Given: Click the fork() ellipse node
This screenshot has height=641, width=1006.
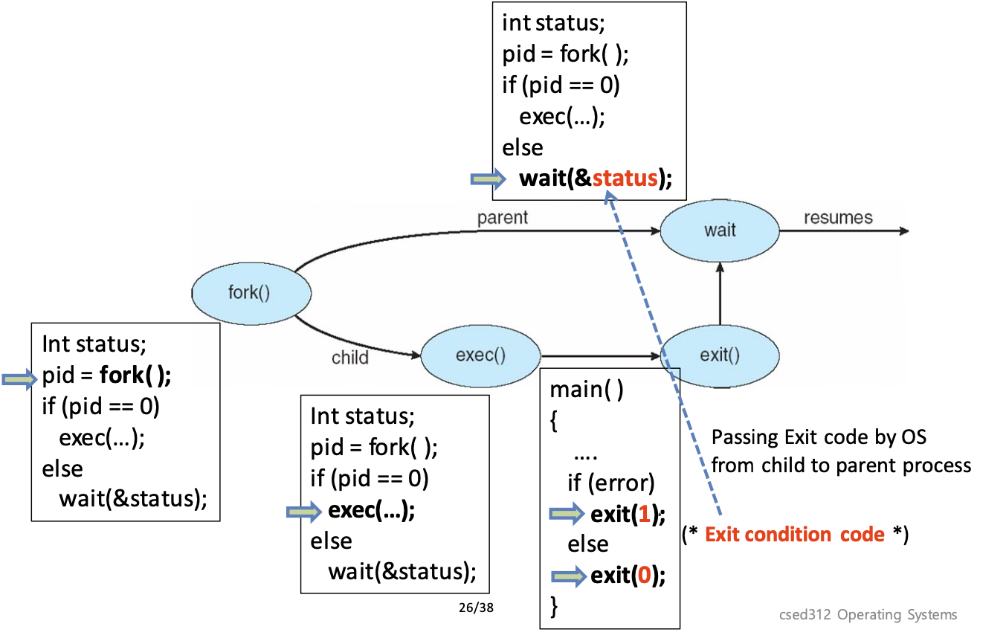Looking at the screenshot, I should tap(251, 291).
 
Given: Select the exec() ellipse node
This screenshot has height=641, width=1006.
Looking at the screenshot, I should tap(480, 355).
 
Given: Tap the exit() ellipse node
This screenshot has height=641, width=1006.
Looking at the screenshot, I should tap(720, 355).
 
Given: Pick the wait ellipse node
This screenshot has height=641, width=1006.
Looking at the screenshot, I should tap(719, 230).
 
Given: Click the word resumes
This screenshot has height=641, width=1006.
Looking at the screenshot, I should tap(838, 218).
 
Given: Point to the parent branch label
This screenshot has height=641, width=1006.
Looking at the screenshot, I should tap(502, 218).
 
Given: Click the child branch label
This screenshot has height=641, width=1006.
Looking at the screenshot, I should tap(349, 358).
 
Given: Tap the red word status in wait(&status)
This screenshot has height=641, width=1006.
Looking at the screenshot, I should tap(625, 178).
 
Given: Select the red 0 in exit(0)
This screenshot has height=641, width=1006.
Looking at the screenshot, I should tap(644, 576).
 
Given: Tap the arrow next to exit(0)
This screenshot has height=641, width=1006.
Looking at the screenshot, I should tap(569, 576).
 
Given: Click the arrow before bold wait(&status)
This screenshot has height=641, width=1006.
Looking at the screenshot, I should tap(489, 179).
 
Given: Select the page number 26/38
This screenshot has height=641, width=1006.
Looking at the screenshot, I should tap(476, 607).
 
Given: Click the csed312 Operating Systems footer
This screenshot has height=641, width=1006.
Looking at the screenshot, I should tap(868, 614).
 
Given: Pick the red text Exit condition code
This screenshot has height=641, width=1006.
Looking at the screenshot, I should tap(794, 535).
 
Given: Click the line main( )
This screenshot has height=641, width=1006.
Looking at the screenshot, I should tap(586, 390).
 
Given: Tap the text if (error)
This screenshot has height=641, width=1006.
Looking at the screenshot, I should tap(611, 483).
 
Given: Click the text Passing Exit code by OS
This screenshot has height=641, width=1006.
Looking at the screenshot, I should tap(819, 437).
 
